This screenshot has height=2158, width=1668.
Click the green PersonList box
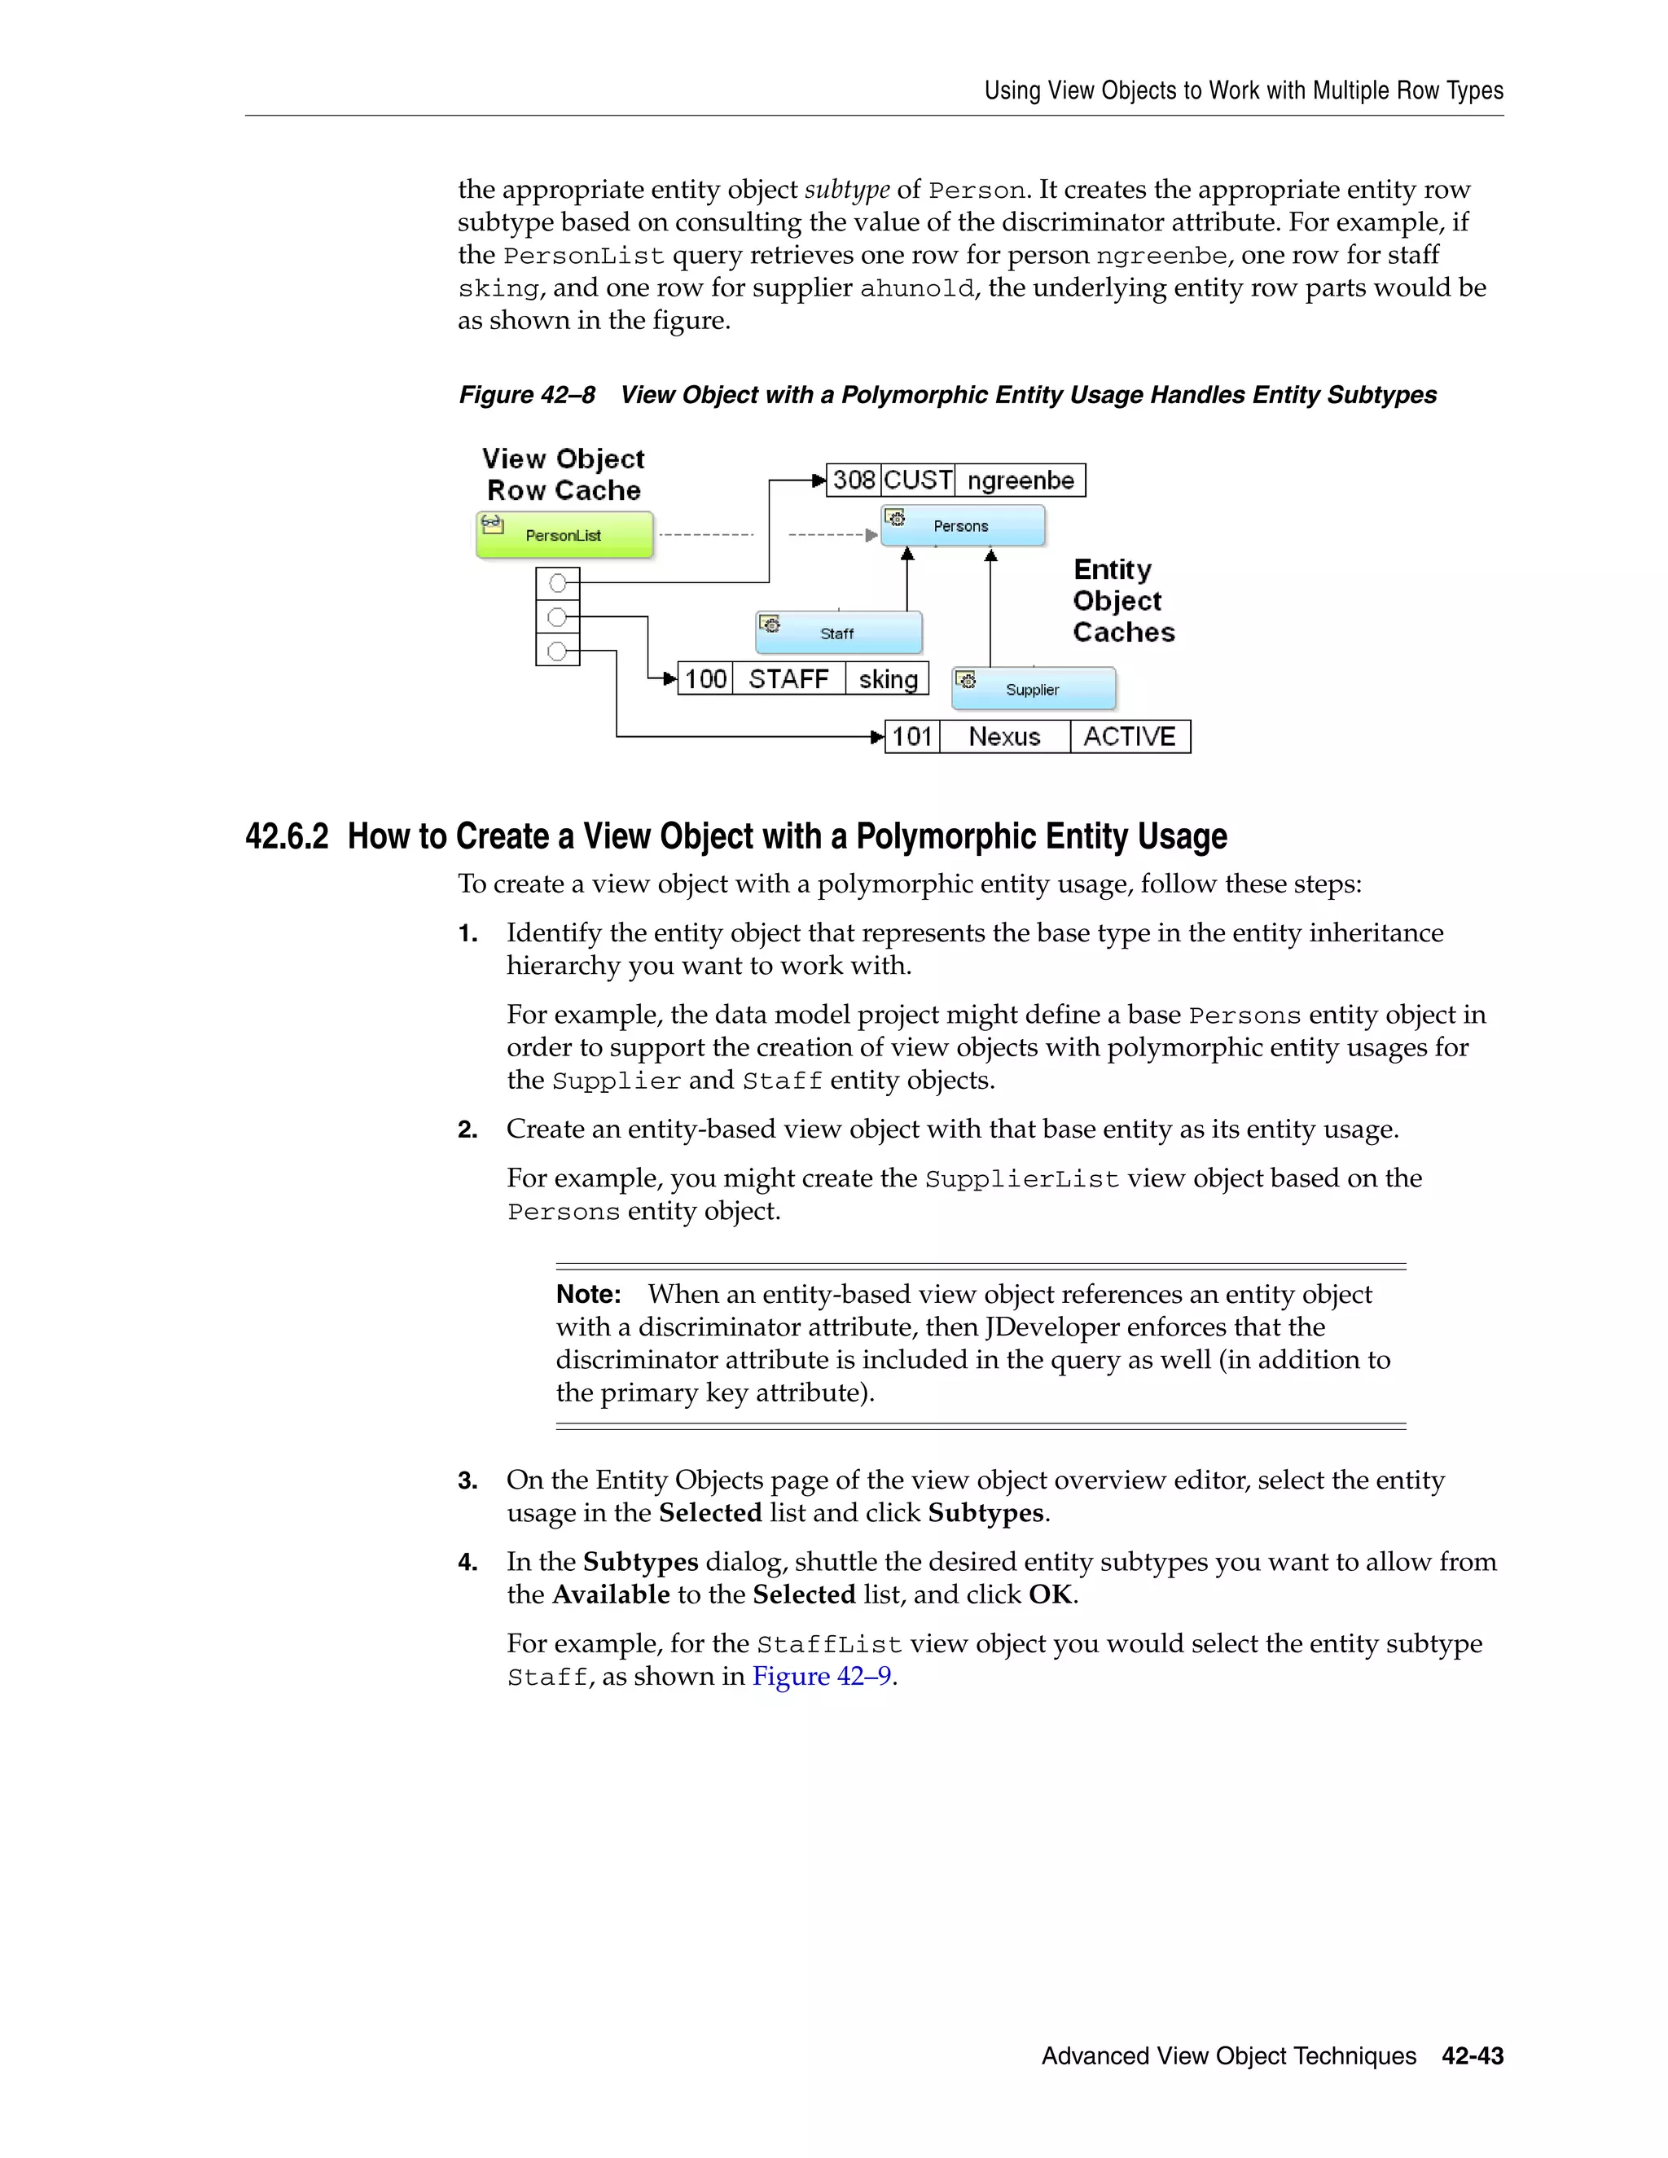pyautogui.click(x=564, y=534)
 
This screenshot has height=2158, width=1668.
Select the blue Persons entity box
pyautogui.click(x=963, y=526)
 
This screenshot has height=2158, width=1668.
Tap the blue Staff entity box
pyautogui.click(x=838, y=633)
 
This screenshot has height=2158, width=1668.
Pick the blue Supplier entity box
pyautogui.click(x=1034, y=689)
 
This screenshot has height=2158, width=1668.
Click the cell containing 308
pyautogui.click(x=853, y=480)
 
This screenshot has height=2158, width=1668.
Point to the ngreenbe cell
pyautogui.click(x=1020, y=480)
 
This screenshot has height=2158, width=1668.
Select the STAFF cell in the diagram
pyautogui.click(x=788, y=679)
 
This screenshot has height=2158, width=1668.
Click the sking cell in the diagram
pyautogui.click(x=888, y=679)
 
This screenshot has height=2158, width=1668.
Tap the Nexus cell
pyautogui.click(x=1004, y=736)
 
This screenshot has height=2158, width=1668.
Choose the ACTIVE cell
pyautogui.click(x=1130, y=736)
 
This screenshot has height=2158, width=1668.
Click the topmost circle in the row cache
pyautogui.click(x=557, y=583)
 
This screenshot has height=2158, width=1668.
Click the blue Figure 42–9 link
pyautogui.click(x=821, y=1676)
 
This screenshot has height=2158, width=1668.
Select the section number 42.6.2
pyautogui.click(x=287, y=836)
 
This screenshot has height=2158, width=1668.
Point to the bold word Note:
pyautogui.click(x=588, y=1295)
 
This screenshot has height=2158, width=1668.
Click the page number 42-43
pyautogui.click(x=1472, y=2055)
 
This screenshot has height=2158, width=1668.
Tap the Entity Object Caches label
pyautogui.click(x=1122, y=601)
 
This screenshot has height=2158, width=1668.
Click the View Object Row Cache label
pyautogui.click(x=564, y=474)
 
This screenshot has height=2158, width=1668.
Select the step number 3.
pyautogui.click(x=467, y=1480)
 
